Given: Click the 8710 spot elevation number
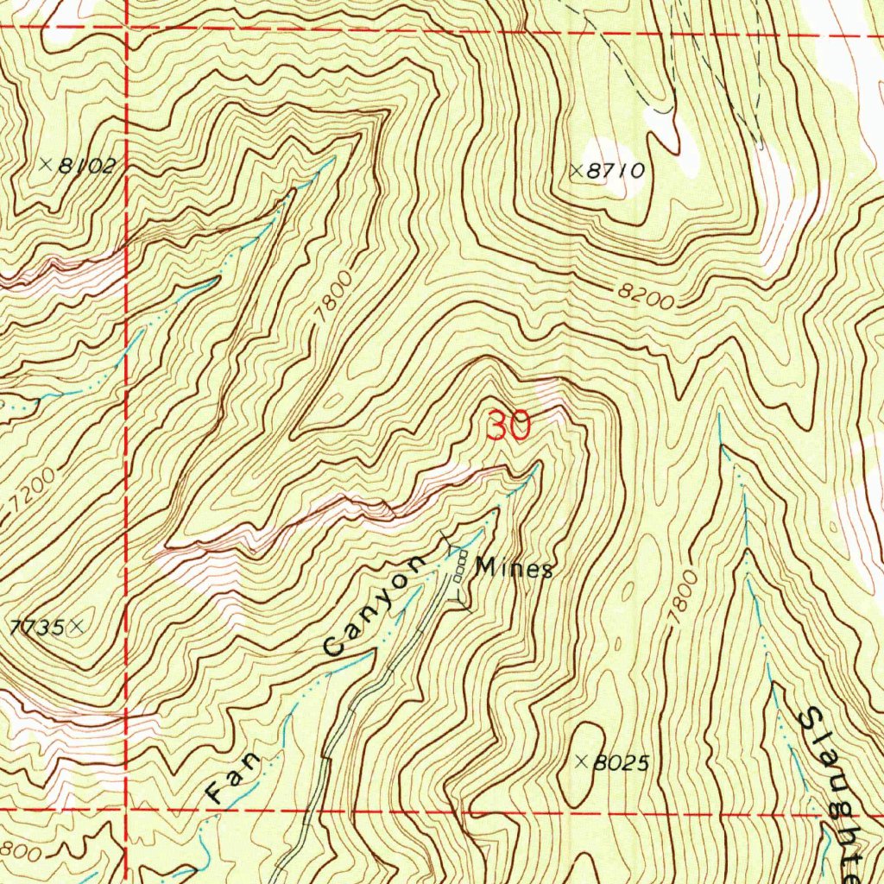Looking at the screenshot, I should coord(616,171).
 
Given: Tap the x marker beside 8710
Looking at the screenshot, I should coord(577,171).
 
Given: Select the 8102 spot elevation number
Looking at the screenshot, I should coord(85,166).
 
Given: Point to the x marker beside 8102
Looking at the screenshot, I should coord(46,163).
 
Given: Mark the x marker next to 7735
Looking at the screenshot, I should coord(78,628).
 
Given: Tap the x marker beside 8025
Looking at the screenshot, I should coord(582,761).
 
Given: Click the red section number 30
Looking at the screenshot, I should coord(508,426).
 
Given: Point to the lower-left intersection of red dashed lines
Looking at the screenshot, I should coord(128,811).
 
